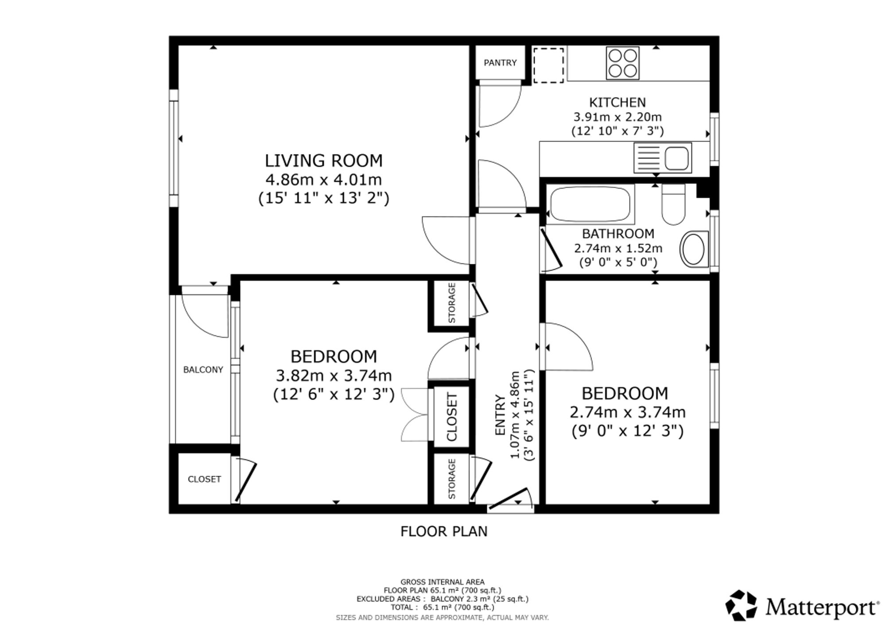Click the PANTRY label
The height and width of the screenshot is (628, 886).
tap(500, 63)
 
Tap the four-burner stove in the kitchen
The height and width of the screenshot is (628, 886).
tap(622, 63)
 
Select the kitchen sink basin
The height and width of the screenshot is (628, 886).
tap(676, 158)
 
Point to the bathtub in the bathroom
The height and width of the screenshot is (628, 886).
tap(590, 204)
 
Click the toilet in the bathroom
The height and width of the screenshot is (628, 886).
tap(673, 204)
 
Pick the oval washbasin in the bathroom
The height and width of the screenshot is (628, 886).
tap(694, 249)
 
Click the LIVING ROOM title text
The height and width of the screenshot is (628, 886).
tap(324, 161)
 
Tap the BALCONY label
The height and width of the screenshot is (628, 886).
tap(203, 370)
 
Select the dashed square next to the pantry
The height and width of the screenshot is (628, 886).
tap(548, 65)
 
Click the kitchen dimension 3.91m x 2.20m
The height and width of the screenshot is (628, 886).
tap(618, 117)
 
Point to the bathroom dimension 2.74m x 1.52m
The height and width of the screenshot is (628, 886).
tap(618, 248)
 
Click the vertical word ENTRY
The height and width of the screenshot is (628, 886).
tap(500, 415)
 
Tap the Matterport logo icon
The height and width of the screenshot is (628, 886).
tap(741, 605)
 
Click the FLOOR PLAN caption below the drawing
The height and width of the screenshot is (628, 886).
tap(444, 531)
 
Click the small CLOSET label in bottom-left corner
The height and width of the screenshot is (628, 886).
tap(204, 479)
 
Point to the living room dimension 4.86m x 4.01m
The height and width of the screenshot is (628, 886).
tap(324, 180)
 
